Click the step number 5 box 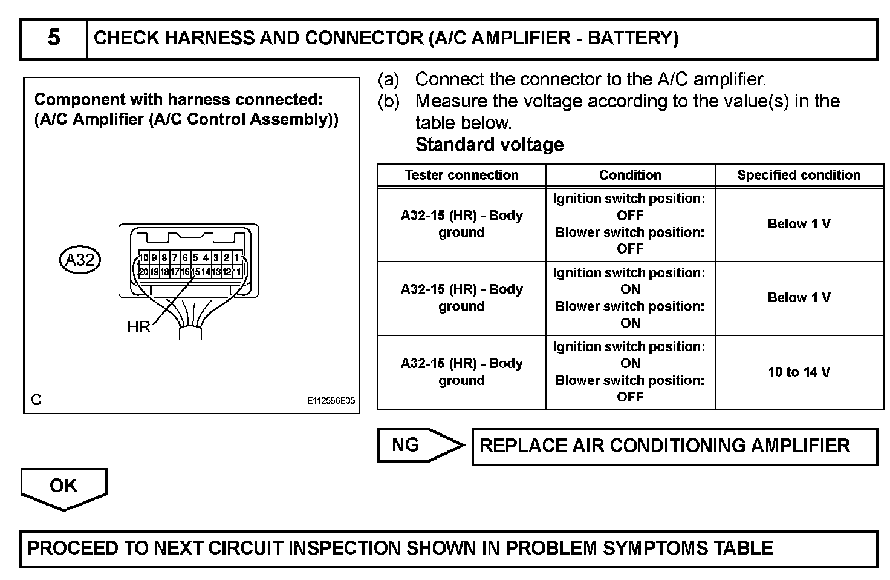54,39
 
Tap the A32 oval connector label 80,260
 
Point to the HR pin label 138,328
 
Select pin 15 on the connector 195,272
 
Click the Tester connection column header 461,176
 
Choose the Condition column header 630,176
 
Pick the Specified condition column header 799,176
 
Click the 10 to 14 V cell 799,372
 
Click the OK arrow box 63,486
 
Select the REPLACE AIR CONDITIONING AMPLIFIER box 674,446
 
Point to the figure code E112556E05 331,401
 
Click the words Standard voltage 489,145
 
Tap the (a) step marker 388,79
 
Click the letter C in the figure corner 36,400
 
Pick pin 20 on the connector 143,272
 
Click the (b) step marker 388,101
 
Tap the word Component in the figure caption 71,99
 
